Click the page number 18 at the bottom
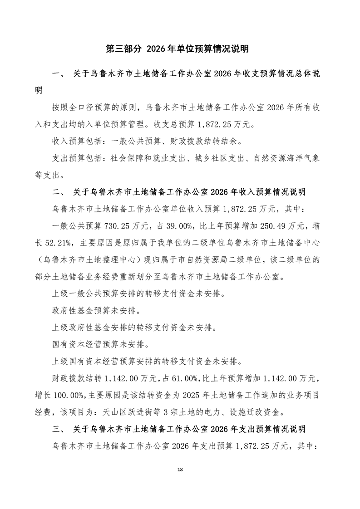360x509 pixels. [180, 469]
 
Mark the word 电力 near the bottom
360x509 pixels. [217, 413]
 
